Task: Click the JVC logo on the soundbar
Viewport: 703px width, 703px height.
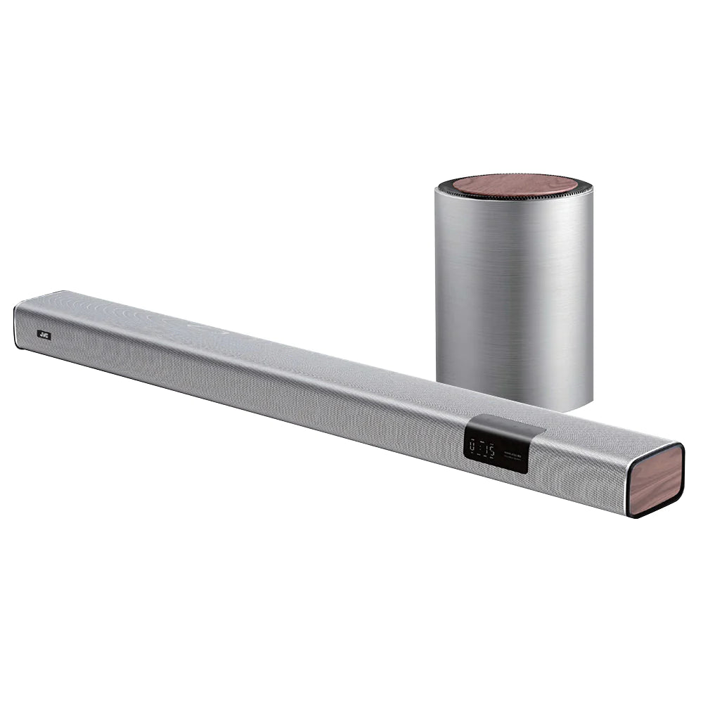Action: (x=44, y=335)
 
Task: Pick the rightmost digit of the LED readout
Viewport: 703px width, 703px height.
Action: (x=491, y=449)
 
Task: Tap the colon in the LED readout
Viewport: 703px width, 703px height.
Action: (x=482, y=447)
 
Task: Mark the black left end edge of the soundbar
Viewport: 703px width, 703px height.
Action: (x=16, y=326)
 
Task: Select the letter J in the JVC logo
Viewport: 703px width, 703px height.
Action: (x=40, y=334)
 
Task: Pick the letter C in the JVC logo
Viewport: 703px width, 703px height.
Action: (x=47, y=335)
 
